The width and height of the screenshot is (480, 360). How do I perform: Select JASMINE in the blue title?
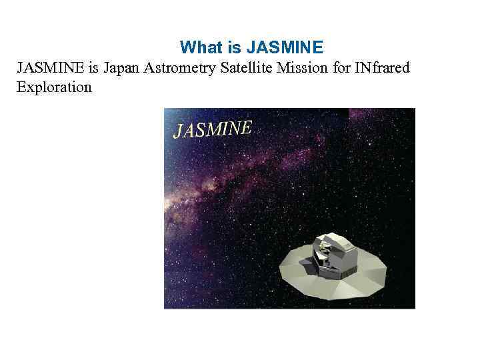tap(285, 48)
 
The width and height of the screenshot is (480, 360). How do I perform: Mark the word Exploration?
tap(54, 87)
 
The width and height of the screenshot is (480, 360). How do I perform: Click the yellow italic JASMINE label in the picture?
tap(212, 129)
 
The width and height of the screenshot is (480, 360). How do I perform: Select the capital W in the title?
tap(187, 48)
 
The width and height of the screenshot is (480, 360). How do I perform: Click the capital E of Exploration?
tap(21, 87)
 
